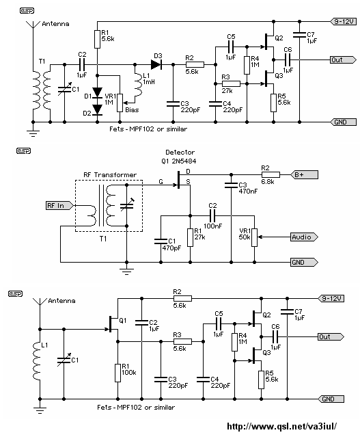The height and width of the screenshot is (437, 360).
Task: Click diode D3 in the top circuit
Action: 156,65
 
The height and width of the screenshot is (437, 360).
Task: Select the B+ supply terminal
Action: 304,175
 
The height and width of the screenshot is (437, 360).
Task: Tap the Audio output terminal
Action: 304,237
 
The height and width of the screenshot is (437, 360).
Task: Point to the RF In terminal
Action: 59,206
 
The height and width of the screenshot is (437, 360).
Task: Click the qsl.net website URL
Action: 281,426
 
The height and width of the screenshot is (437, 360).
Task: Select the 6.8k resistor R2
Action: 271,175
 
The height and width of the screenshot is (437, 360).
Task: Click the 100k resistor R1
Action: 117,373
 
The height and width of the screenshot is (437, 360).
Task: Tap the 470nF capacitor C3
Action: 231,185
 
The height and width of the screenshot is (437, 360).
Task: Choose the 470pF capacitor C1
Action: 161,241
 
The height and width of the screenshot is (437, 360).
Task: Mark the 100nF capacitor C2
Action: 212,215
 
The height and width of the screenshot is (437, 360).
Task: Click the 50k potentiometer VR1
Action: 255,237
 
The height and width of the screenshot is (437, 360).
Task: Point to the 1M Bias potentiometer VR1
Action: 120,103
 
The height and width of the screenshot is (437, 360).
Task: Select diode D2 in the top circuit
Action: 97,109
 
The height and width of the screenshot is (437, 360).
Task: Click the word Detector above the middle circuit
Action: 180,153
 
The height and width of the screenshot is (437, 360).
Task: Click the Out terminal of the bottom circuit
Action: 331,336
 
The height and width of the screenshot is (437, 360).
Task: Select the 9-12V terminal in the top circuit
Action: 344,21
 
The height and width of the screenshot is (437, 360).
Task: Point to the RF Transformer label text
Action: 110,175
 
